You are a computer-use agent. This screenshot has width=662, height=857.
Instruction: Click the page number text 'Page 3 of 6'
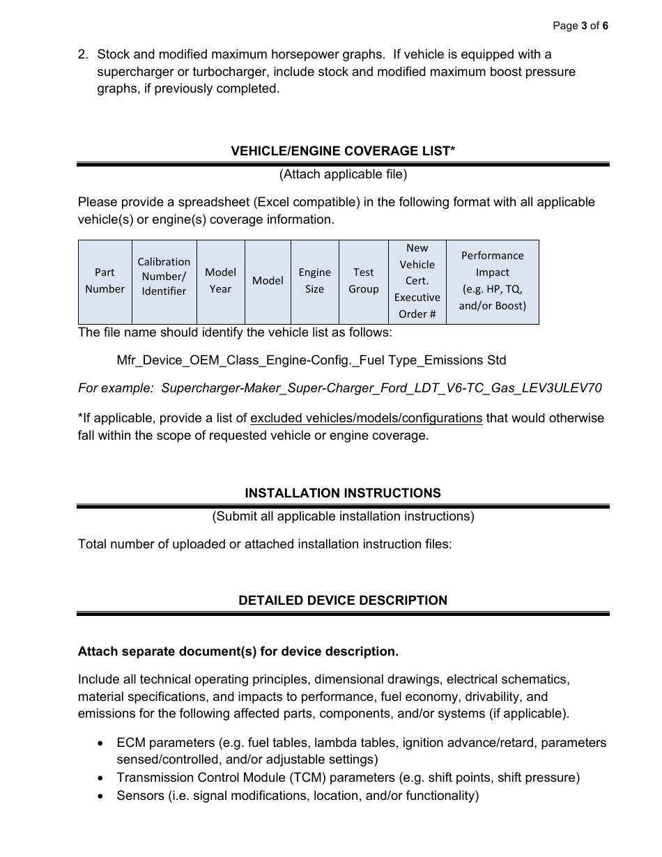580,26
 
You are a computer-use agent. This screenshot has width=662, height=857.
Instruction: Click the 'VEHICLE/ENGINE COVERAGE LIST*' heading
343,151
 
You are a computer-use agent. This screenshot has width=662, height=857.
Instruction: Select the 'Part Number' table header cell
105,281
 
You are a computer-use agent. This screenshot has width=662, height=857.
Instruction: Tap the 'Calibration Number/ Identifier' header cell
164,277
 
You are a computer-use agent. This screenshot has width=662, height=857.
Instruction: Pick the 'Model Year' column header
220,281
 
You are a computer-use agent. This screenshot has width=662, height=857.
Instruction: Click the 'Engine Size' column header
314,281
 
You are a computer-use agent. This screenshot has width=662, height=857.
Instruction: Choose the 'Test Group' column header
363,281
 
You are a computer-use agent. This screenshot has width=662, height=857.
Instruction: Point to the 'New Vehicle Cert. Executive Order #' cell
417,281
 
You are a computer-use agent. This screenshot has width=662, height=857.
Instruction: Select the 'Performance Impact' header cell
492,281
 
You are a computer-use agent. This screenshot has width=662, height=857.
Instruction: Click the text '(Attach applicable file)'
343,174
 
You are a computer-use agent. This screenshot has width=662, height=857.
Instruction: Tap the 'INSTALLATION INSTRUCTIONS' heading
343,493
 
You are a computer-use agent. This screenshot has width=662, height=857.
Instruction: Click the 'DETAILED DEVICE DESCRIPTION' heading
343,601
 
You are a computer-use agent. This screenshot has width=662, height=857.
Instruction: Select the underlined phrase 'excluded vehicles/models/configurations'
366,418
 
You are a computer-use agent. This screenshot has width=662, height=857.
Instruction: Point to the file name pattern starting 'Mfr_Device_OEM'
311,360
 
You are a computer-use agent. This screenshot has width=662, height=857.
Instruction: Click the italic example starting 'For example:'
340,388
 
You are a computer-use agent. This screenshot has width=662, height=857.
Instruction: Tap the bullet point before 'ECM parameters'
102,743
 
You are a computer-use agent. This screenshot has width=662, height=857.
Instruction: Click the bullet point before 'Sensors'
102,796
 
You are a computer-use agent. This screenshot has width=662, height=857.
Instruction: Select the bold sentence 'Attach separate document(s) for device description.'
238,651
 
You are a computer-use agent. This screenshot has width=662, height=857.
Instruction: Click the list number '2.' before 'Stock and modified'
83,54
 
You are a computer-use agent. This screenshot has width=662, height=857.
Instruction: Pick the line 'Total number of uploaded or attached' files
265,544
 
